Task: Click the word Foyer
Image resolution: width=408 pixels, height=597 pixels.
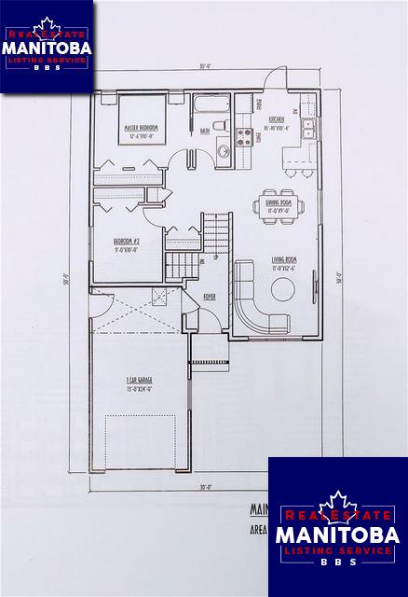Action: coord(211,297)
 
